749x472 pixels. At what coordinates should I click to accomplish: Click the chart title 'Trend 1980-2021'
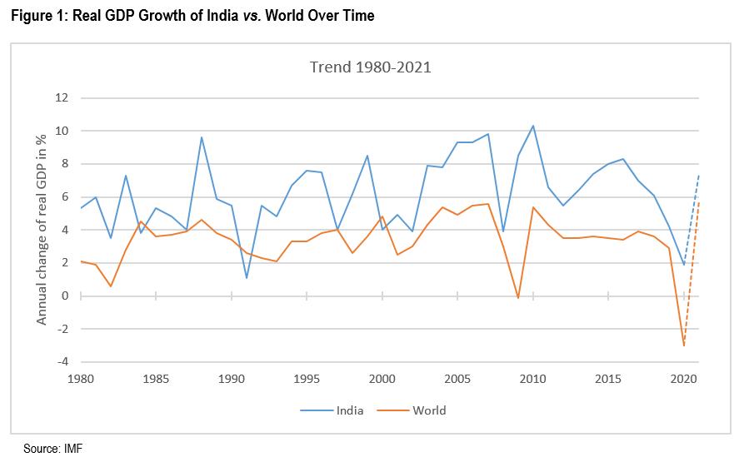[370, 67]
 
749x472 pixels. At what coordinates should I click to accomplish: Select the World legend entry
[429, 410]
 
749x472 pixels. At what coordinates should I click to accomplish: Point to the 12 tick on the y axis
[60, 98]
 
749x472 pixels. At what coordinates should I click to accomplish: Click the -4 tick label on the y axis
[60, 362]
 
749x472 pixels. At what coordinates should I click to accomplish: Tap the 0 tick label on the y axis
[63, 296]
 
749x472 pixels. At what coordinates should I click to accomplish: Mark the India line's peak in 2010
[532, 126]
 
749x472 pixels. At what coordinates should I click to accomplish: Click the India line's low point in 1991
[247, 278]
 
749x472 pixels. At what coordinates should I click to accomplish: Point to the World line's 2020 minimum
[683, 345]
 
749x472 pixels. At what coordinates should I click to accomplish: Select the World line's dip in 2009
[517, 298]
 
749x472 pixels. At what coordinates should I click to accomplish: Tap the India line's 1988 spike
[202, 137]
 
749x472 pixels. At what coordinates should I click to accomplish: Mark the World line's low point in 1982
[111, 286]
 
